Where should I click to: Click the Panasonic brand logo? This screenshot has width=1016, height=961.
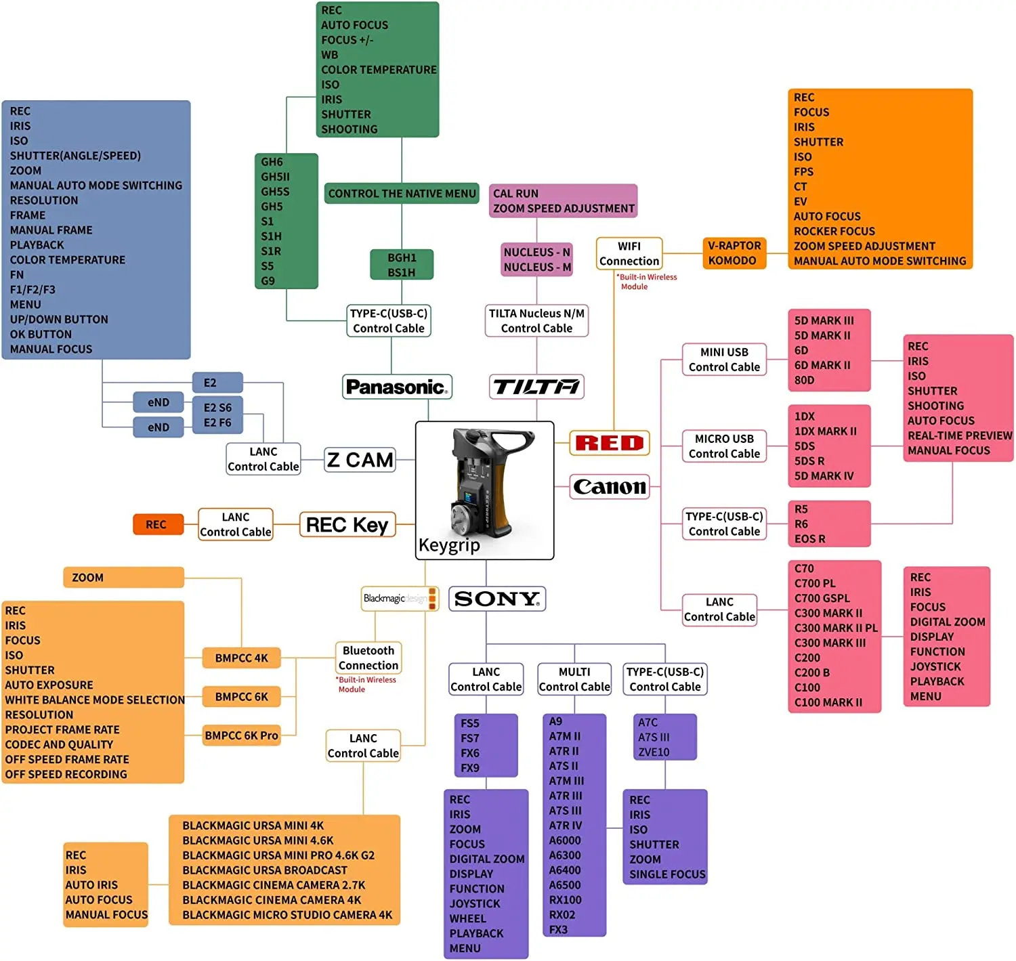(397, 387)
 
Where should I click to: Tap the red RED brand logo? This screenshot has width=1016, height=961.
(610, 443)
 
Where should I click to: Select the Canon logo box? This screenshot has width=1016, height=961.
(610, 486)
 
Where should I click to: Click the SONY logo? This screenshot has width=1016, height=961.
(497, 599)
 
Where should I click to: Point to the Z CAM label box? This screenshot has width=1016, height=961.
(360, 460)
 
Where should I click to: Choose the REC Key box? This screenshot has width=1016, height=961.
(347, 524)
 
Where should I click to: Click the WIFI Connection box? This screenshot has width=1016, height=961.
(629, 253)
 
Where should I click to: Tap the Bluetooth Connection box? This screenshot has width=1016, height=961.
(368, 658)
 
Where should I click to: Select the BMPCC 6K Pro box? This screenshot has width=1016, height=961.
(241, 735)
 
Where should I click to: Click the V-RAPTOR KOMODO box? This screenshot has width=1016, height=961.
(734, 253)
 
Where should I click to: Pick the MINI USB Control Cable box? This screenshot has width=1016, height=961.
(724, 360)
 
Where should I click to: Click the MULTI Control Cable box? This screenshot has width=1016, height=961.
(574, 679)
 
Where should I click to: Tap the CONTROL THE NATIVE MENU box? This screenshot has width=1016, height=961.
(402, 193)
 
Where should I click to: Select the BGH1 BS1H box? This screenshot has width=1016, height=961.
(402, 265)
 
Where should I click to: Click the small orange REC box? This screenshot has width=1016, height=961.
(158, 524)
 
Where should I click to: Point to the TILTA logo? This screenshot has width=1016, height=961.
(536, 387)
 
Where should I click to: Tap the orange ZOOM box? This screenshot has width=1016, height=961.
(123, 577)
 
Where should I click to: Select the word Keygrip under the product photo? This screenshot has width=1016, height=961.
(449, 545)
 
